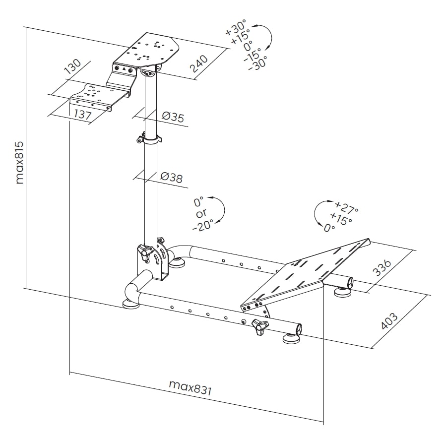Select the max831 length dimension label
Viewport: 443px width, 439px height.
[x=190, y=387]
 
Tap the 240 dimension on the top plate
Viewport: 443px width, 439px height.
[x=199, y=63]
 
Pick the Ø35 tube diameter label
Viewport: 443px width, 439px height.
[x=173, y=118]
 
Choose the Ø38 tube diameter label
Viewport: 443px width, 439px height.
[x=172, y=177]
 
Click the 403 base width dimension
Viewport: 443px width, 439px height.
[x=389, y=321]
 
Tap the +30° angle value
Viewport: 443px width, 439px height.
[x=237, y=28]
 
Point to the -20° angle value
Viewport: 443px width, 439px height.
[x=203, y=225]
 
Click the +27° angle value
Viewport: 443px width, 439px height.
[x=347, y=206]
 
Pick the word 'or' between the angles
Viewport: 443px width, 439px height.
[x=200, y=214]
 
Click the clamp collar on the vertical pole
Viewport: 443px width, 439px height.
[x=149, y=139]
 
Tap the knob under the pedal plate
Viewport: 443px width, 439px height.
[x=259, y=326]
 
